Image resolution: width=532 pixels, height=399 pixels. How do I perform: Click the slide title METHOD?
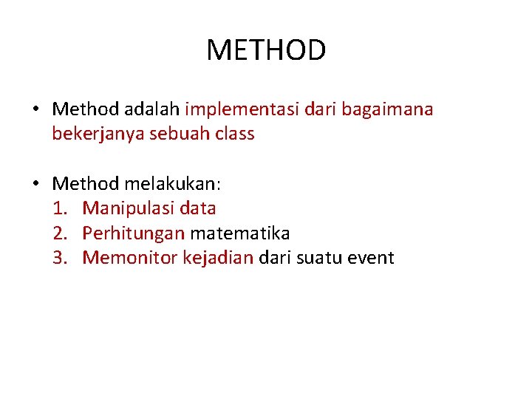266,51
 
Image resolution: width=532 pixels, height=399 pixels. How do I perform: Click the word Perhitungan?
134,233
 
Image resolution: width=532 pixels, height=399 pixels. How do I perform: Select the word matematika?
240,233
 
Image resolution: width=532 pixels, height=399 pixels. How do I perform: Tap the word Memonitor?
129,258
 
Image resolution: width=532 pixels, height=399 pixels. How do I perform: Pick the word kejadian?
218,258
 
